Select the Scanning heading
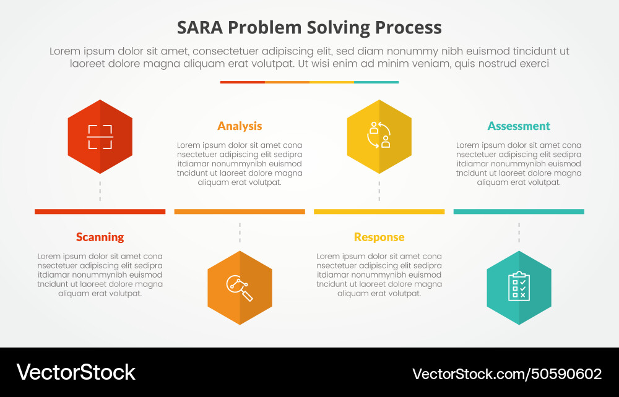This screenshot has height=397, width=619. point(100,237)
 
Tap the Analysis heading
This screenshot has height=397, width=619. point(240,126)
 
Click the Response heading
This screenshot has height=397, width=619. point(379,237)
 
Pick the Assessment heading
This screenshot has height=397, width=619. point(519,126)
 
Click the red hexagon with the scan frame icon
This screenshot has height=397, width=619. point(100,137)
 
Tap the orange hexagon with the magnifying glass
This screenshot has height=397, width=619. point(240,288)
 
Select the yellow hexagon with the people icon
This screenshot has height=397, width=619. point(379,137)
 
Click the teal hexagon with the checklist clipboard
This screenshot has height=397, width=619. point(519,288)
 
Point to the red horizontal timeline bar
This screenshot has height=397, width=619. point(100,211)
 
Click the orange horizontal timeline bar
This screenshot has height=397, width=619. point(240,211)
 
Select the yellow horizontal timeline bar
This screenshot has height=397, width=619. point(379,211)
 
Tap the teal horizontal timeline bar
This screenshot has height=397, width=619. point(519,211)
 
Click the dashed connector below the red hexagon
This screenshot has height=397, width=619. point(100,191)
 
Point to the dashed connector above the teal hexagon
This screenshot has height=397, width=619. point(519,233)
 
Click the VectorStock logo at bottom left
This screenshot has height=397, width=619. point(76,372)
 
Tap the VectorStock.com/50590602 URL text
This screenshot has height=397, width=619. point(507,374)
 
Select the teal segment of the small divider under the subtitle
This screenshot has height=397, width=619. point(376,82)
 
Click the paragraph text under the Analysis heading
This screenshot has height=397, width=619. point(240,164)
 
